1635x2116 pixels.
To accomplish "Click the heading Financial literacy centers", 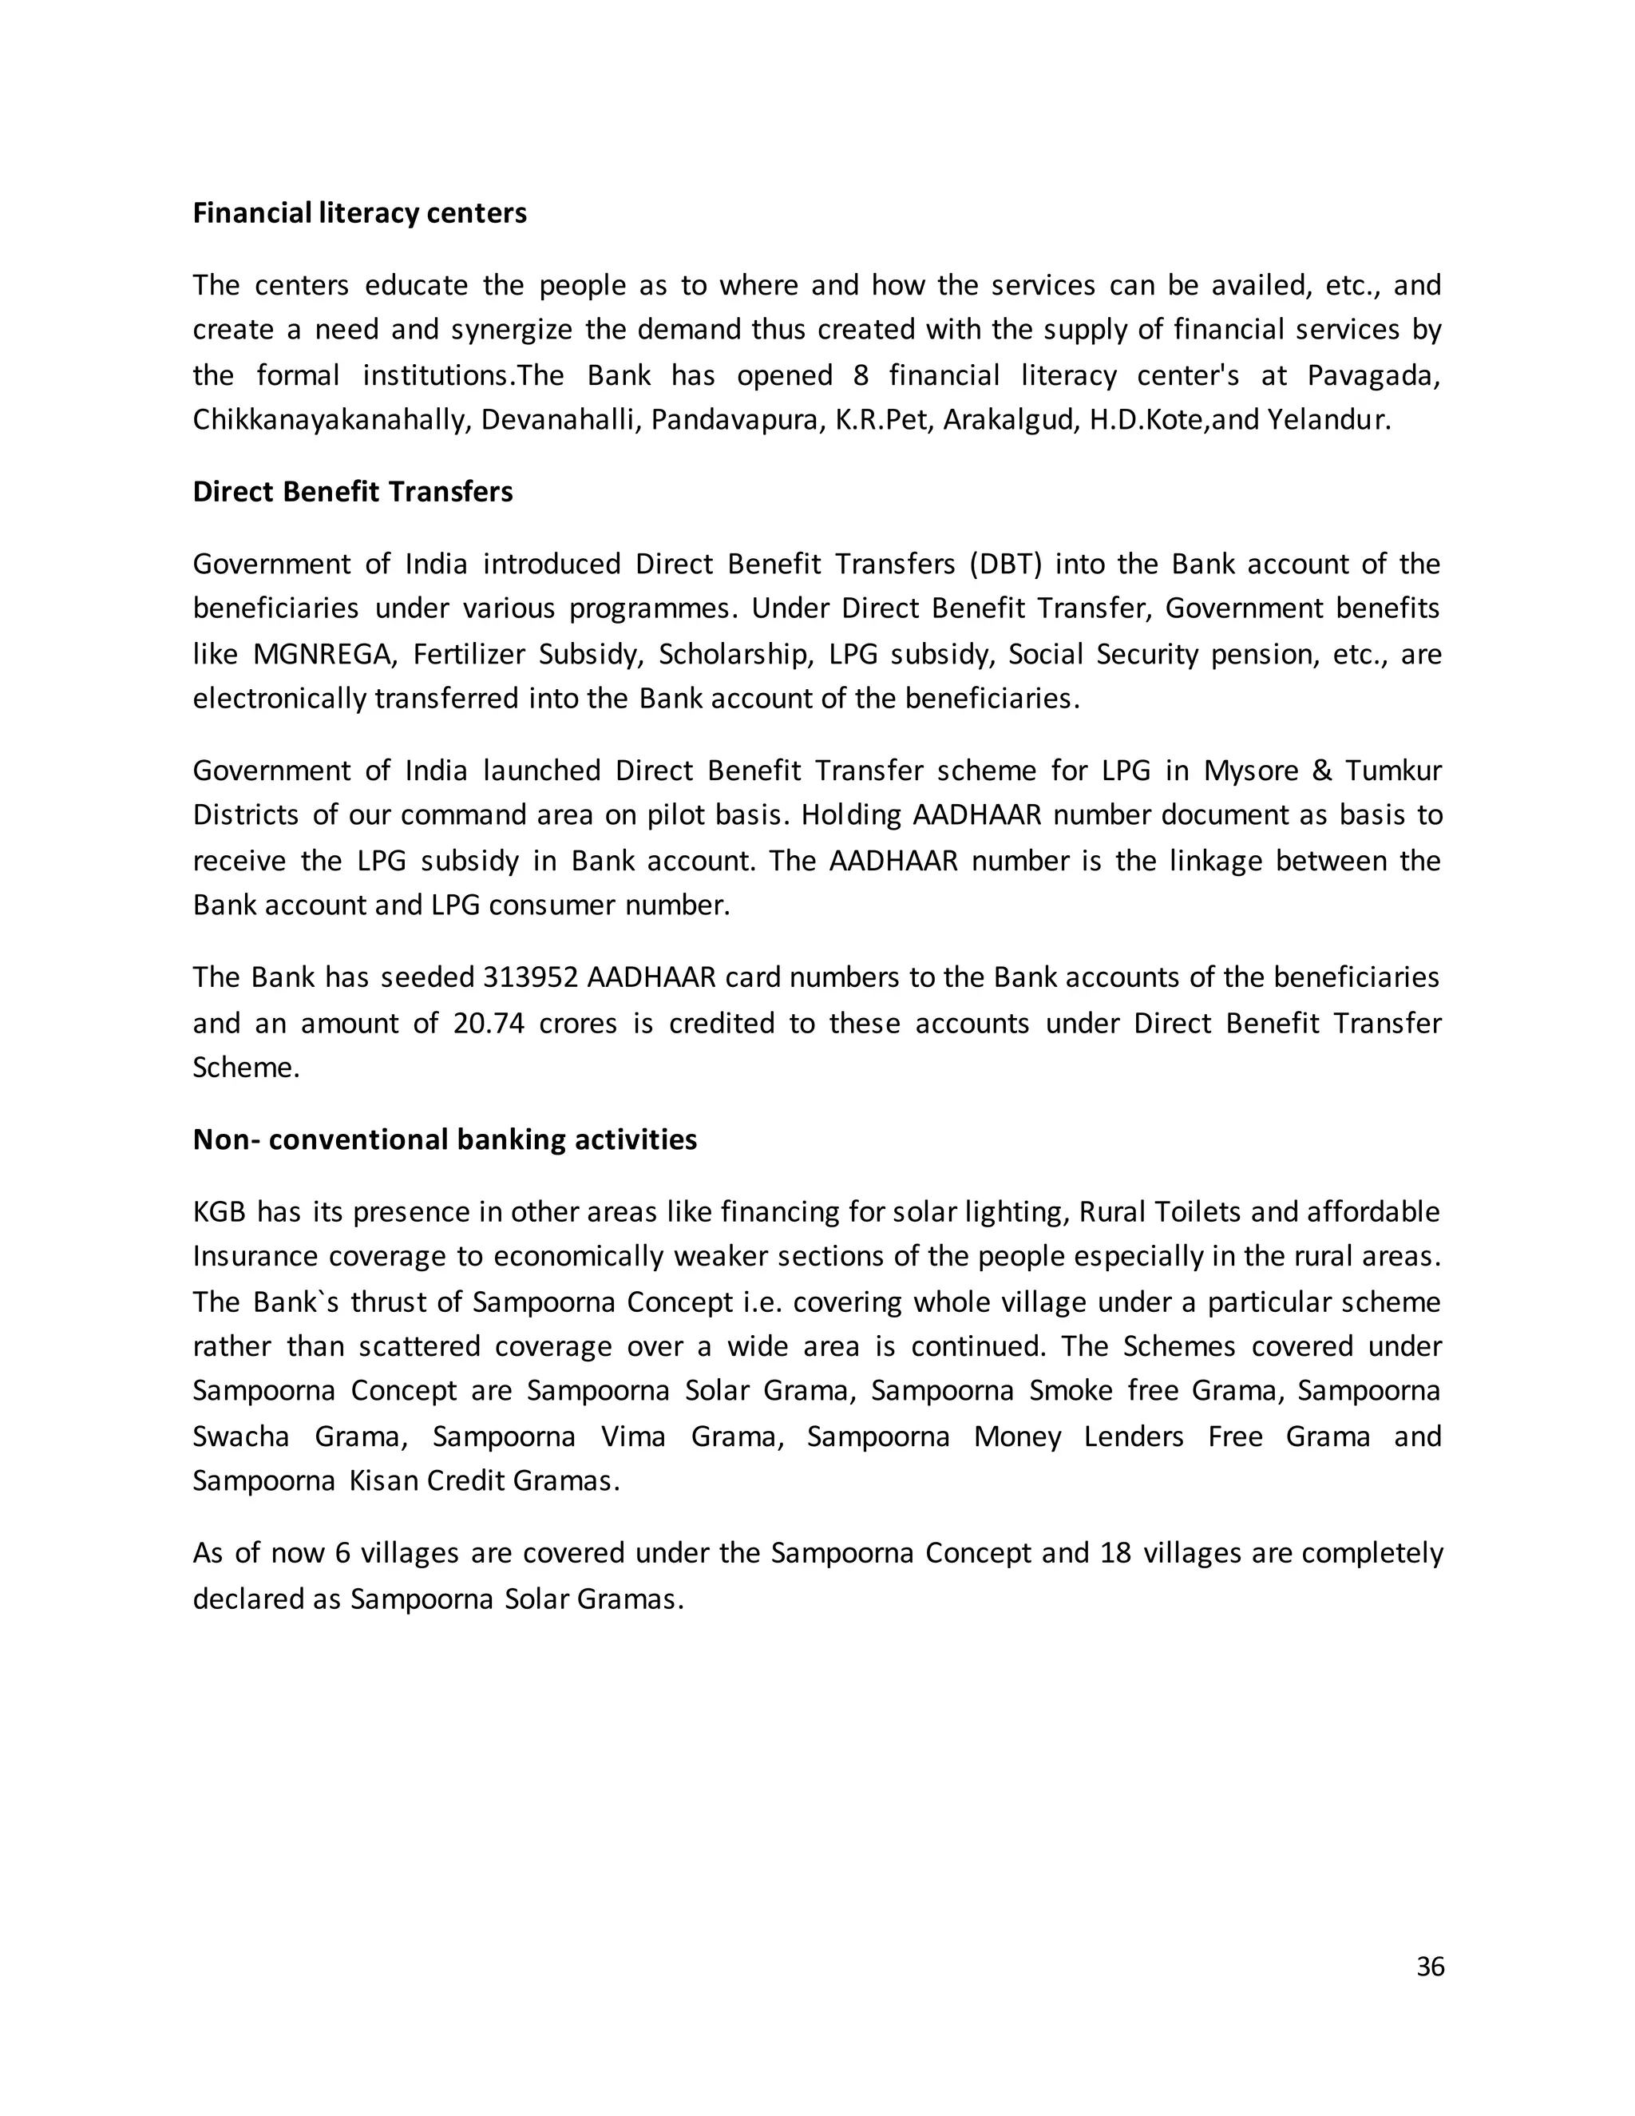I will click(x=359, y=213).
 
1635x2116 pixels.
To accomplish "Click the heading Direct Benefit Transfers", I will click(x=353, y=492).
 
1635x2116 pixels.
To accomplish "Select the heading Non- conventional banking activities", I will click(x=445, y=1139).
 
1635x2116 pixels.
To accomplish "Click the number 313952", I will click(x=530, y=977).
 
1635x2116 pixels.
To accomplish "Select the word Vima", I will click(x=632, y=1436).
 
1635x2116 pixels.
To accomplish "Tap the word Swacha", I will click(x=241, y=1436).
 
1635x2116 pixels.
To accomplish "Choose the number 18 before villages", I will click(x=1116, y=1553).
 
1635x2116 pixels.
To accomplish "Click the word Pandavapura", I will click(x=733, y=421).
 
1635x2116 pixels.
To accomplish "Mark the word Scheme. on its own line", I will click(x=246, y=1068).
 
